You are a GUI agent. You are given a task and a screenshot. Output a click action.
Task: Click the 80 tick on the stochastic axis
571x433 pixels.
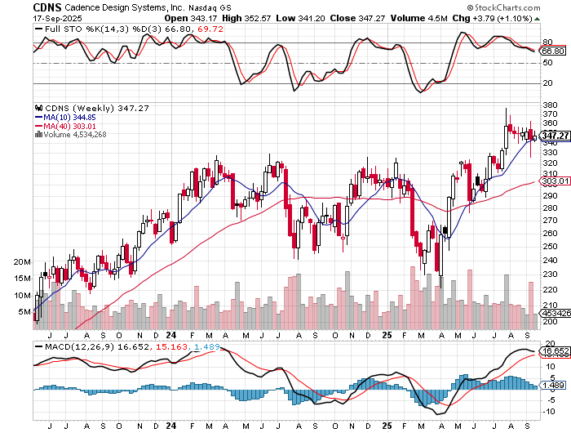tap(547, 42)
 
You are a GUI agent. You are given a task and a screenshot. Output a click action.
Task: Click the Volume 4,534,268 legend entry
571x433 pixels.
tap(73, 135)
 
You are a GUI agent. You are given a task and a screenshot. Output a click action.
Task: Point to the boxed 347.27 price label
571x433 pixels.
tap(554, 135)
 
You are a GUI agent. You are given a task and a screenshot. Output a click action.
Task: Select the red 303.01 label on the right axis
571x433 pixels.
tap(554, 181)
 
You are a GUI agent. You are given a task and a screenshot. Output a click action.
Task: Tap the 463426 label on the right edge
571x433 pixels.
tap(555, 313)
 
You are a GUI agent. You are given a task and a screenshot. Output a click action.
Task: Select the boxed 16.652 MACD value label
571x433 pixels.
tap(555, 350)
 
